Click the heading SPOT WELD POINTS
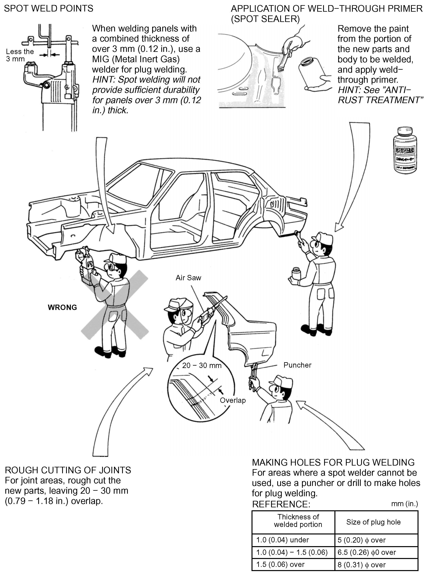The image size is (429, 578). [48, 9]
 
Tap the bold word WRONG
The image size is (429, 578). [62, 307]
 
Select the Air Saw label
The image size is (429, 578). [188, 278]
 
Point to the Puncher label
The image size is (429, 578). [297, 365]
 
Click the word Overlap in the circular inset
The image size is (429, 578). [233, 400]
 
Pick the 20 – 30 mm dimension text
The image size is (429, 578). [202, 365]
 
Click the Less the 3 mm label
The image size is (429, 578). [20, 55]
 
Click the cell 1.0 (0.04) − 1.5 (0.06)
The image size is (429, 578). [292, 552]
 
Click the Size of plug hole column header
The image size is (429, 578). [373, 522]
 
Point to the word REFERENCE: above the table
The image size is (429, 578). [281, 504]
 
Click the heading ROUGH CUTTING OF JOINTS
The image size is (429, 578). [68, 470]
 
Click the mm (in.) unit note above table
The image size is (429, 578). [404, 504]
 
